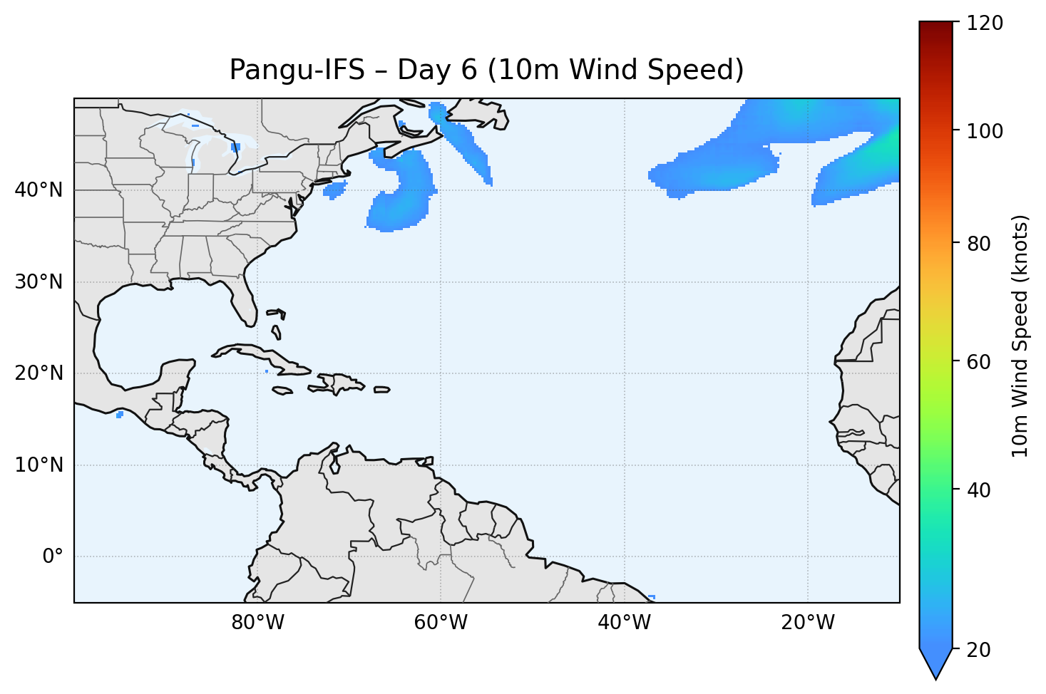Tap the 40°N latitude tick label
point(39,190)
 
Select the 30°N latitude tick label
point(39,282)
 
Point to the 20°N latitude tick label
point(39,373)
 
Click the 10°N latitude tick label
point(39,465)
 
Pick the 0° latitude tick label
point(52,556)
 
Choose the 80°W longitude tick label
point(257,623)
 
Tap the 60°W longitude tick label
point(441,623)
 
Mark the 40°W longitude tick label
point(624,623)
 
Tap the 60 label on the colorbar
point(980,362)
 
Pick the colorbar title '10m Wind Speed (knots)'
point(1020,336)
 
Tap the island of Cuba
point(264,356)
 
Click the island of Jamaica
point(283,390)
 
